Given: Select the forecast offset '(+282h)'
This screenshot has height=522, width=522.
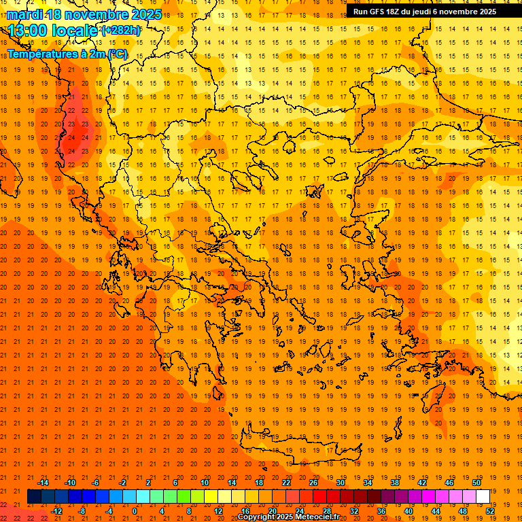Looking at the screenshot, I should (121, 31).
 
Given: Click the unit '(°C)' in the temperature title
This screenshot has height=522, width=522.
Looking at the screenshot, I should (117, 54).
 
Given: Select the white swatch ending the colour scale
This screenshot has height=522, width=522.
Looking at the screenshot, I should (483, 497).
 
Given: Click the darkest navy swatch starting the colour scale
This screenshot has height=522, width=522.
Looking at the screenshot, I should (34, 497).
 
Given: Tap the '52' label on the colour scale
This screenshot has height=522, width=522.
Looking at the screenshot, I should (490, 511).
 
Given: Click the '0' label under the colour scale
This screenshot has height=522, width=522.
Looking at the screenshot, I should (135, 511).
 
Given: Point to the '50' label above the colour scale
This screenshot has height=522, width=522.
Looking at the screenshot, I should (476, 483).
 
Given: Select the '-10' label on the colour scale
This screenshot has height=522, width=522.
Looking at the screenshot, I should (69, 483).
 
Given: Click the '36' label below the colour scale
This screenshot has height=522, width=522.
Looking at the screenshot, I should (381, 511).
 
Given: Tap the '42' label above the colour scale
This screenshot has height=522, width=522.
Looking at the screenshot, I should (421, 483).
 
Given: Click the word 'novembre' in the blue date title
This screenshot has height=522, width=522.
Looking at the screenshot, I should (94, 14).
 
